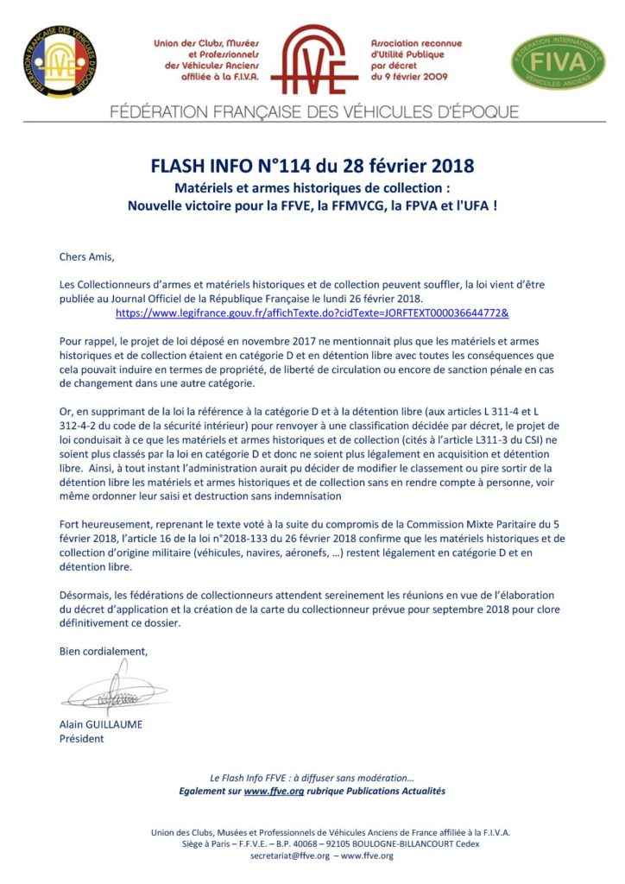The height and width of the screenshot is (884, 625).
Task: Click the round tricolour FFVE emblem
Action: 60,60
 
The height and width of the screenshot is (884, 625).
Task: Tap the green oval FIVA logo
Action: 559,61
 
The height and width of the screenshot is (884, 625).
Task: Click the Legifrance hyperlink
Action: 312,311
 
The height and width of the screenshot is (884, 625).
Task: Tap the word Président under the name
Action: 81,738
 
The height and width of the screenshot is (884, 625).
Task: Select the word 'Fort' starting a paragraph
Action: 70,523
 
